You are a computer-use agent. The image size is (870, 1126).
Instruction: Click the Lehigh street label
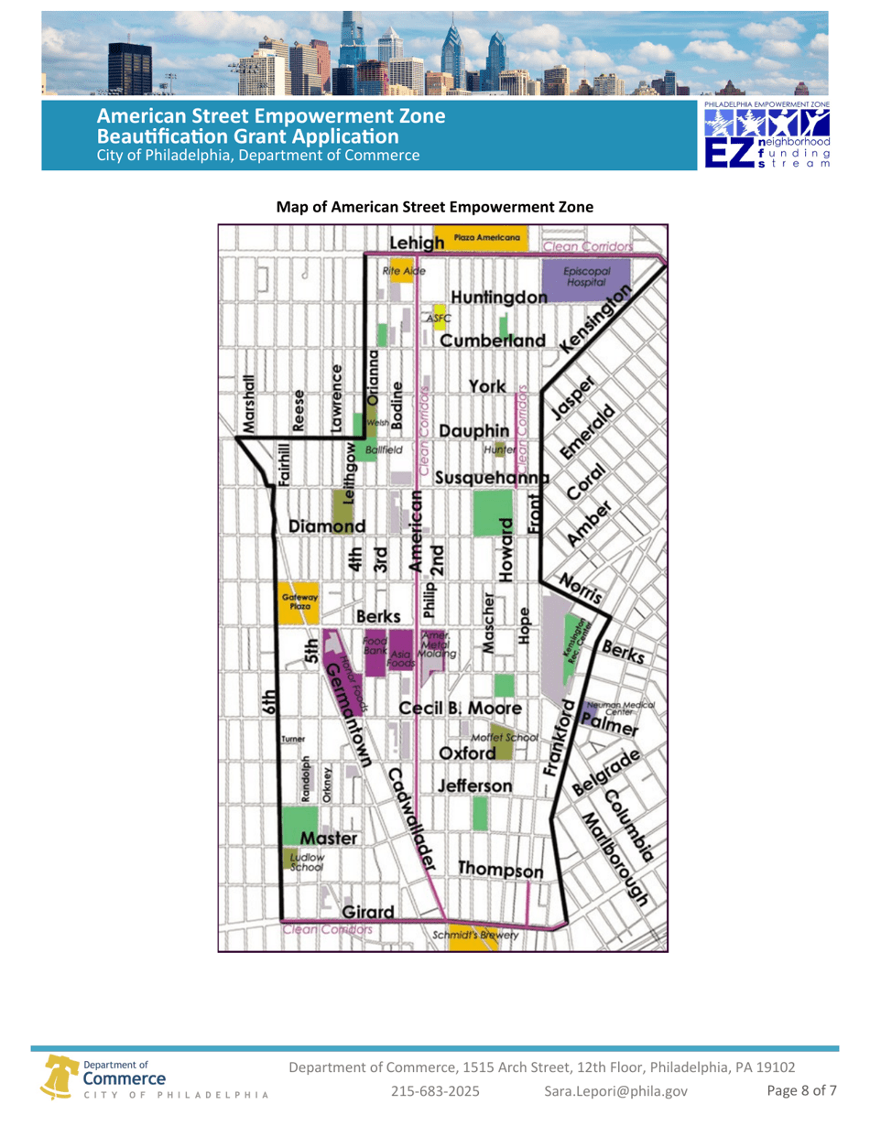(417, 244)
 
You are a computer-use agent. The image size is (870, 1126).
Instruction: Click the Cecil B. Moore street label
(461, 709)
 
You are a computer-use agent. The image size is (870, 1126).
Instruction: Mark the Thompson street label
(500, 868)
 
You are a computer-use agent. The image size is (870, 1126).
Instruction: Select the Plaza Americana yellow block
(480, 238)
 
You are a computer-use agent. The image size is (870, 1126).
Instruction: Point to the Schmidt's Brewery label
(475, 936)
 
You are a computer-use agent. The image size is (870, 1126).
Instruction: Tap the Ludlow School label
(301, 862)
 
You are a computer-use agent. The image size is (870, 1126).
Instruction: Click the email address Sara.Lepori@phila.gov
(614, 1091)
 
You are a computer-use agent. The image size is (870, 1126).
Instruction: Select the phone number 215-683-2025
(435, 1091)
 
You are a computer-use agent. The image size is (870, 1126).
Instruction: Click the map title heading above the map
(435, 208)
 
